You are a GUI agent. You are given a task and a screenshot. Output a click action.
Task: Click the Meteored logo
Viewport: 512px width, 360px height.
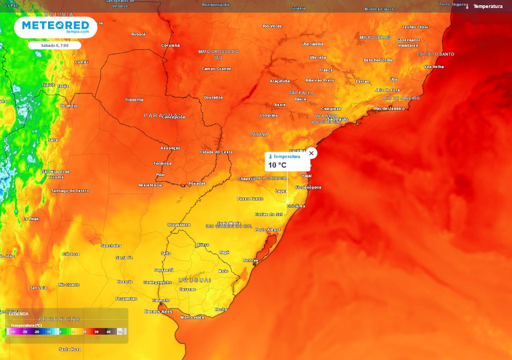click(x=55, y=26)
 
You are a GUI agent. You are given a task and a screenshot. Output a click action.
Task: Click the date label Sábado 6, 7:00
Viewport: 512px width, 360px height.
click(x=54, y=45)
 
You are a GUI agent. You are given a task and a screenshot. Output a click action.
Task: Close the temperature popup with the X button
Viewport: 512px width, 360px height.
click(x=311, y=153)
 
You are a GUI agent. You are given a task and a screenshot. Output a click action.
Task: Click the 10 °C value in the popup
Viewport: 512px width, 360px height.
click(x=277, y=165)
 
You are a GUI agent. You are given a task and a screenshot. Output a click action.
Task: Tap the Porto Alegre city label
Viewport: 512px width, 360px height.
click(x=267, y=229)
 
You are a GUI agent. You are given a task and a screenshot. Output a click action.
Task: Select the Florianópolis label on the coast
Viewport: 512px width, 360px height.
click(x=308, y=187)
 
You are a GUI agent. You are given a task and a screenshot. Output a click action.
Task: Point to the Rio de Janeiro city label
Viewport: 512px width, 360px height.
click(x=389, y=108)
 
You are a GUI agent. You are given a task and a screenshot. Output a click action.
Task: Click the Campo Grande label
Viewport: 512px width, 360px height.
click(x=216, y=68)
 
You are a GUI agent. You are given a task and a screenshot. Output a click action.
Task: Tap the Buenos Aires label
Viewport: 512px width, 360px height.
click(x=158, y=311)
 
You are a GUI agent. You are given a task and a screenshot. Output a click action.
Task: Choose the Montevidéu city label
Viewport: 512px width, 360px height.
click(x=192, y=317)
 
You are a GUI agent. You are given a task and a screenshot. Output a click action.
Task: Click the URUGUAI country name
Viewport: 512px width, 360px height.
click(x=194, y=280)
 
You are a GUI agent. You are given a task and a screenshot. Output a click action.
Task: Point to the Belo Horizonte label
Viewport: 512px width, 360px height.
click(x=378, y=60)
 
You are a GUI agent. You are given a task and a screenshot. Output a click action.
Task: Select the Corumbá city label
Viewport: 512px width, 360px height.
click(x=170, y=45)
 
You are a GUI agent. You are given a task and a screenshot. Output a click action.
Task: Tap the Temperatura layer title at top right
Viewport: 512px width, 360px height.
click(x=487, y=6)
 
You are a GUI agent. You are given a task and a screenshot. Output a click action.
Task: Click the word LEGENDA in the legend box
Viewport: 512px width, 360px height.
click(x=19, y=314)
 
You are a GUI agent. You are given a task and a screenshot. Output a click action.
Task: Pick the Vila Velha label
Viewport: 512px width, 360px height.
click(x=433, y=66)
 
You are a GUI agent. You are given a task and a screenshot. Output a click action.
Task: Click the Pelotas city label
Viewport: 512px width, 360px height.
click(x=250, y=260)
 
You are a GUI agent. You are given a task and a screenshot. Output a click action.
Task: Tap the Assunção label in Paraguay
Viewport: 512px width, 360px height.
click(x=170, y=148)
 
